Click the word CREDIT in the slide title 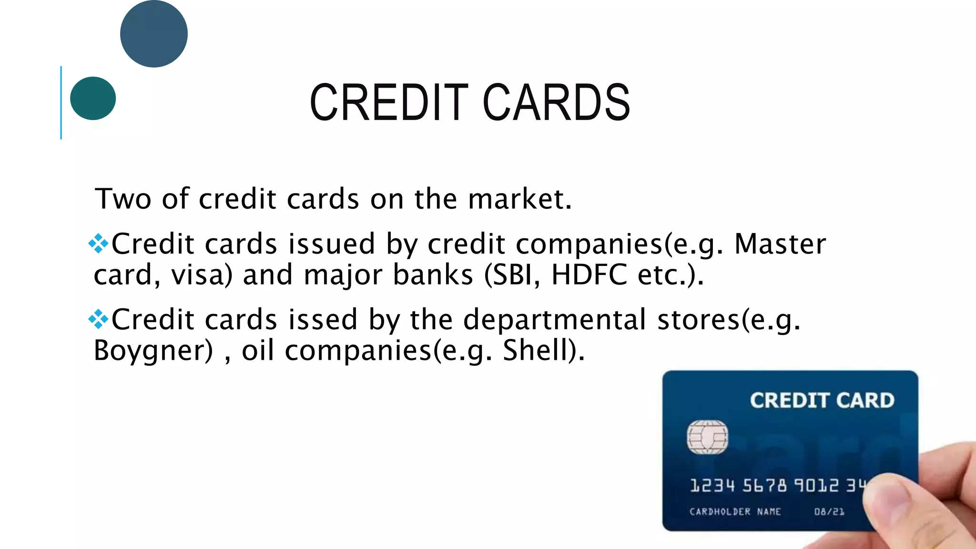389,102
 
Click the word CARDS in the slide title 557,102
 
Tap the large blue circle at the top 154,33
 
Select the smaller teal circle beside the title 93,98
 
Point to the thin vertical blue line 61,102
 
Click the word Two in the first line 123,199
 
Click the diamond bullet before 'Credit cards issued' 98,244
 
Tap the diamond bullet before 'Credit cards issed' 98,319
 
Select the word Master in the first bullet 780,244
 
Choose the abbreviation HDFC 589,275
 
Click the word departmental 555,320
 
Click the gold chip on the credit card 707,437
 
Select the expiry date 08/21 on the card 829,512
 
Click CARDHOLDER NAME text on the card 735,512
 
